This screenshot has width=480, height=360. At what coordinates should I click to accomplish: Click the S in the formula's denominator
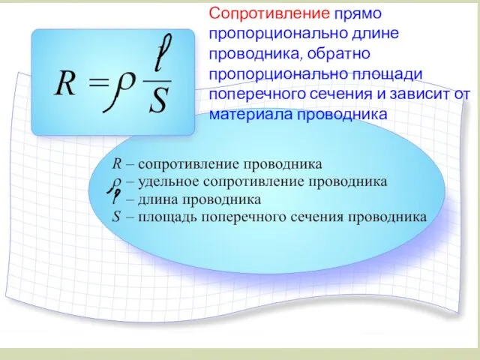pyautogui.click(x=157, y=100)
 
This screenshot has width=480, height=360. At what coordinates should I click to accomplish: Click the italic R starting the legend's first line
pyautogui.click(x=116, y=163)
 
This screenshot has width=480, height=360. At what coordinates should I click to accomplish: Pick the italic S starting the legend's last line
pyautogui.click(x=116, y=217)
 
